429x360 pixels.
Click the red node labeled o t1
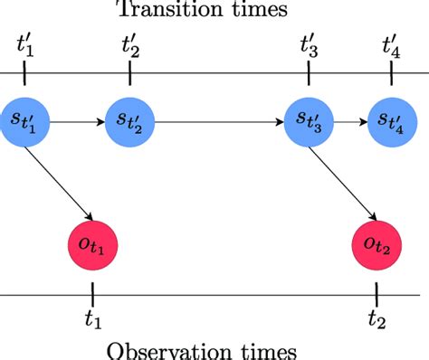92,242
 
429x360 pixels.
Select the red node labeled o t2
376,242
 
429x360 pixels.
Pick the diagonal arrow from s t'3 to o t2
345,180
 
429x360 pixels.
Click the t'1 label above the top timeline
25,43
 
